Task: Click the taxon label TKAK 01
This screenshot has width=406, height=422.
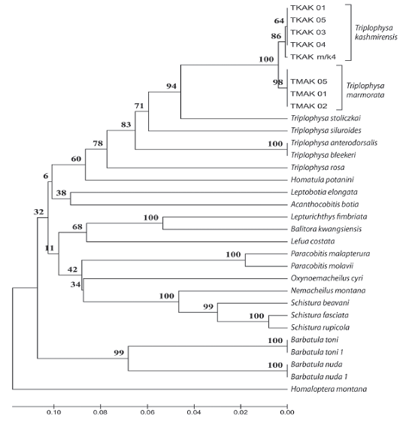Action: [308, 8]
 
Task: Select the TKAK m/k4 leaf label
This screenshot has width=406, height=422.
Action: [314, 56]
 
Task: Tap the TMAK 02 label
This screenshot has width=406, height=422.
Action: [309, 106]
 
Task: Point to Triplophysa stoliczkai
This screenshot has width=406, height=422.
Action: [326, 118]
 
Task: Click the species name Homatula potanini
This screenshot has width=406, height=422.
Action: [323, 180]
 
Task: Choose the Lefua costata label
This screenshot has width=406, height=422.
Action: [313, 241]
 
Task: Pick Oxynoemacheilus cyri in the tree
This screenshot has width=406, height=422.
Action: [327, 278]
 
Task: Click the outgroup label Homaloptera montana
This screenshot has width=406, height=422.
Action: [329, 389]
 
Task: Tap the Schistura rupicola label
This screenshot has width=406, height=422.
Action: [320, 327]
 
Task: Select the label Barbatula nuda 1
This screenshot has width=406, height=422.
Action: [319, 377]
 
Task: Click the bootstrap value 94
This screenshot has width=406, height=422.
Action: [171, 86]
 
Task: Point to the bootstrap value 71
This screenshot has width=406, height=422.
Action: [139, 106]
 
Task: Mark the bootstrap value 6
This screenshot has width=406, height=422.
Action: [46, 176]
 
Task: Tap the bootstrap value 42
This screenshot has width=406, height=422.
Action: [72, 269]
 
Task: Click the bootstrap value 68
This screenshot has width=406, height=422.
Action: [77, 227]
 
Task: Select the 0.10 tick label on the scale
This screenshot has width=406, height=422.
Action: [54, 412]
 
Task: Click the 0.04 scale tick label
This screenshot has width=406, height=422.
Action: [194, 412]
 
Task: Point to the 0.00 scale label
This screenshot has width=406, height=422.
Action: [287, 412]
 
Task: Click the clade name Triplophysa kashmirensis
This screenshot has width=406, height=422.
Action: [376, 32]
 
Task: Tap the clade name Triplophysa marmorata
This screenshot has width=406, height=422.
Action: [365, 90]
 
